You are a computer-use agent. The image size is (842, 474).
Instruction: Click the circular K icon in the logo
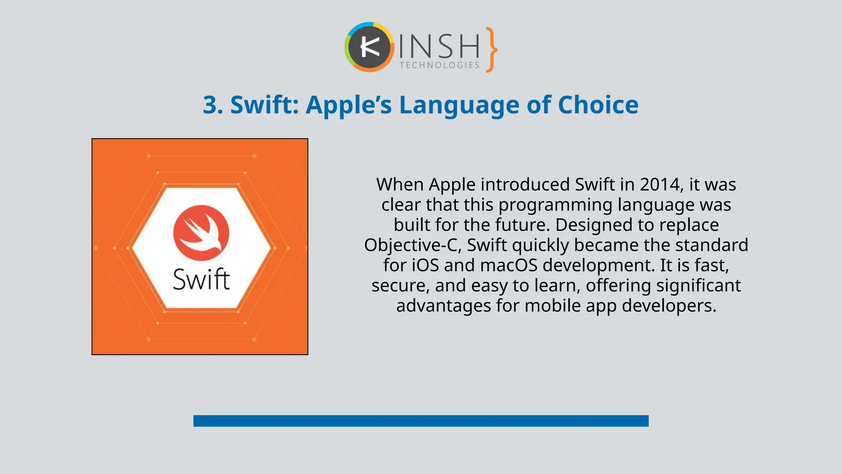[369, 47]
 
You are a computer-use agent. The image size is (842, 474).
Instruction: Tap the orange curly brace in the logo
[491, 50]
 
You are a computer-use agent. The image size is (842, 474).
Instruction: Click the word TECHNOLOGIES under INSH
[440, 65]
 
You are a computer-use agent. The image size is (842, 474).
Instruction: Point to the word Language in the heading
[459, 105]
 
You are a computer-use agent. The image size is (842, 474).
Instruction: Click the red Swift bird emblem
[201, 232]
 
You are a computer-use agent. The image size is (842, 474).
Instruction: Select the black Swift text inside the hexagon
[201, 279]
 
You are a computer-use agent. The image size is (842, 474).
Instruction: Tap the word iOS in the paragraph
[425, 265]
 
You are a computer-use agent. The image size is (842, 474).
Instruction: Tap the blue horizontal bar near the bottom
[421, 421]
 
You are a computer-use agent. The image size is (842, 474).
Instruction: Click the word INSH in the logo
[439, 46]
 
